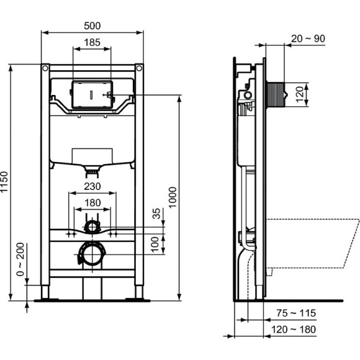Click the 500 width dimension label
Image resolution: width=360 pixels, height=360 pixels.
(92, 25)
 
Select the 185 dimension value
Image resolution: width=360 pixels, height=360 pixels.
(92, 43)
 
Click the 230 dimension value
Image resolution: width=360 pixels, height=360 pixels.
(92, 186)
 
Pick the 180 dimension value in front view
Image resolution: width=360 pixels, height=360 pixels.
(92, 202)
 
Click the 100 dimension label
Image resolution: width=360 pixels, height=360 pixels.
(156, 241)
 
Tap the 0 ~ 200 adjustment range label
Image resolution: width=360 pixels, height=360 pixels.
(20, 260)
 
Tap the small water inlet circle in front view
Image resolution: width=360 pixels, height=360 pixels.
(92, 225)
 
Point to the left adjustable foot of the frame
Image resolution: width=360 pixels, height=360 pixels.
(46, 292)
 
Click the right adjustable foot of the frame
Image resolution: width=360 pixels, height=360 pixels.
(138, 292)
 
